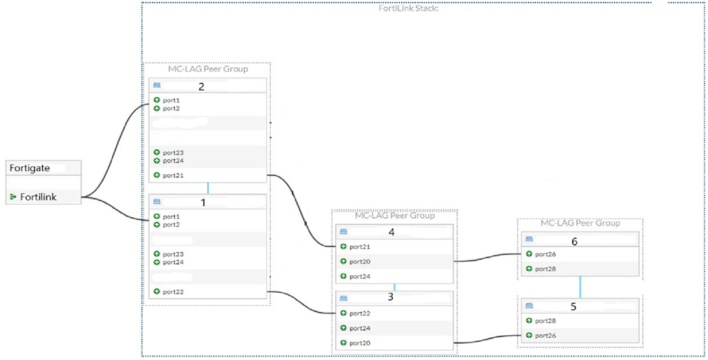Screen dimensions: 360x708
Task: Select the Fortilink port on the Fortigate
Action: pos(37,196)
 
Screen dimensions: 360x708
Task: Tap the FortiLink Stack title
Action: pos(408,8)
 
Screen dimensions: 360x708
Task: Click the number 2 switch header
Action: pos(201,85)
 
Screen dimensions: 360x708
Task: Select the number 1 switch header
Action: pos(203,202)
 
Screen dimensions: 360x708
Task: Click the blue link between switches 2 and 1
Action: pos(208,188)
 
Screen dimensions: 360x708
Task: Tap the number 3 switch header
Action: pos(390,297)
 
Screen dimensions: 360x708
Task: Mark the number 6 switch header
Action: pos(574,241)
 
